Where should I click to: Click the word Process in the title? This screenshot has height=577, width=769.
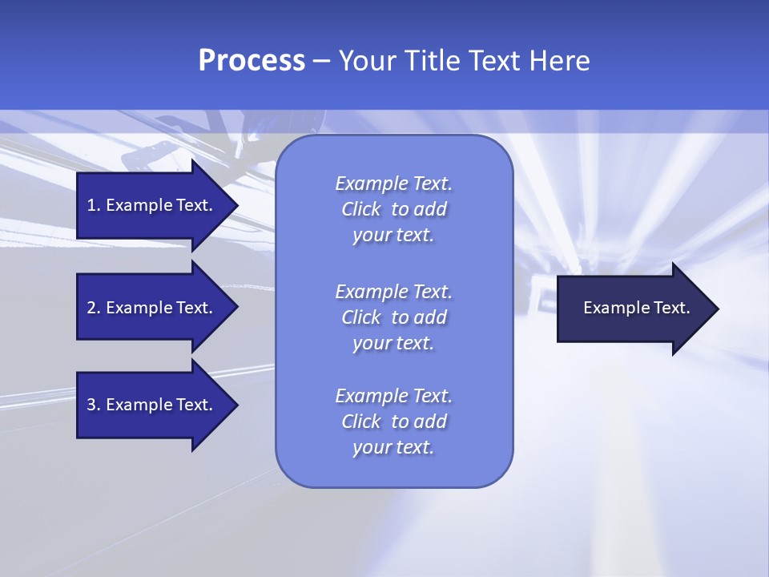[x=252, y=61]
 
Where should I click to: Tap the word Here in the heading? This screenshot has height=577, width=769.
[x=559, y=61]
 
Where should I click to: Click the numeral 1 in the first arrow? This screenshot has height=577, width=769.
[x=91, y=205]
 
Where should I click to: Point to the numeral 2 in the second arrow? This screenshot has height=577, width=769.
[x=91, y=308]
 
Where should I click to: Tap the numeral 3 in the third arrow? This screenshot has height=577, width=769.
[x=91, y=405]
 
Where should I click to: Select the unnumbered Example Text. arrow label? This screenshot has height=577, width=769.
[x=637, y=308]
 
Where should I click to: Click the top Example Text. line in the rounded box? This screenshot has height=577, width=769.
[x=393, y=184]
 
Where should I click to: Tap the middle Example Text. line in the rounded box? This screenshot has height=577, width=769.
[x=393, y=292]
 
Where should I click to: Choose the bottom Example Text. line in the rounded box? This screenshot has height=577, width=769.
[x=393, y=396]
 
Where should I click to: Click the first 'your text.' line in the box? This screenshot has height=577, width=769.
[x=393, y=236]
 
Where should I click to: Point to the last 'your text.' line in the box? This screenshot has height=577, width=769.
[x=393, y=448]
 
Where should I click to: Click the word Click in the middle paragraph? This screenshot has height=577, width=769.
[x=361, y=317]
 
